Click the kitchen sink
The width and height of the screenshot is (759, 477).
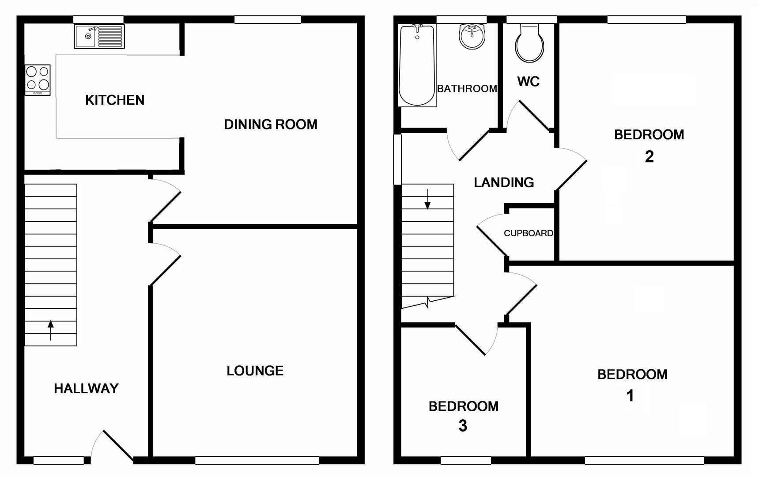[99, 36]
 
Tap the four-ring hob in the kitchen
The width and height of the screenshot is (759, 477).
[38, 79]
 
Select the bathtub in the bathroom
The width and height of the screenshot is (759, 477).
[417, 65]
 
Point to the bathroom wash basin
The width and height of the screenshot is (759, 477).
[472, 36]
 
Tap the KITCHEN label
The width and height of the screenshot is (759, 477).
[115, 100]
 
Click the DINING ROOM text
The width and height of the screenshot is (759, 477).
[270, 125]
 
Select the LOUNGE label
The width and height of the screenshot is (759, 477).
[255, 371]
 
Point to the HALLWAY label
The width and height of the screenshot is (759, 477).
[86, 389]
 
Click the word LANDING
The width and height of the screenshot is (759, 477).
[504, 182]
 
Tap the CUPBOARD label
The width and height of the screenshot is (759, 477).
[528, 233]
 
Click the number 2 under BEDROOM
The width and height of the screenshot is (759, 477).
[649, 157]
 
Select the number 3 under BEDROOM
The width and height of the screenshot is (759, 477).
[463, 426]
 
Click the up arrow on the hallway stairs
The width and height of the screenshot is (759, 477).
[51, 329]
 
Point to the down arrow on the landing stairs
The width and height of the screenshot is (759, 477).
[427, 200]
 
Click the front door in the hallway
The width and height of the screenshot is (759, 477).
[117, 445]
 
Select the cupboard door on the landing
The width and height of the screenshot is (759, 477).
[492, 241]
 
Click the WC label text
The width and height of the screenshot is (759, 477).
[528, 82]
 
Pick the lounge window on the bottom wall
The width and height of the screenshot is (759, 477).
[257, 461]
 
